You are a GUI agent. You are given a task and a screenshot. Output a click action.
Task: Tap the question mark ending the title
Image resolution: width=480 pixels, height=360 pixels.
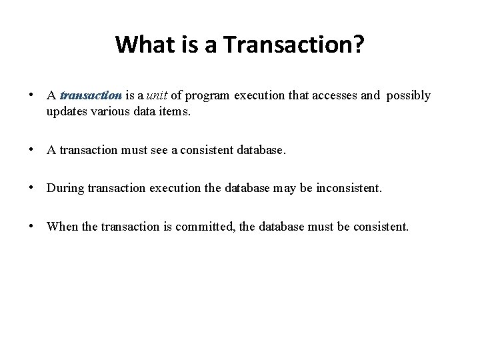pyautogui.click(x=359, y=45)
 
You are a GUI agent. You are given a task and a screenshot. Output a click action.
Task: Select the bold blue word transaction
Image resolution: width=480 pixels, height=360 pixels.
pyautogui.click(x=91, y=96)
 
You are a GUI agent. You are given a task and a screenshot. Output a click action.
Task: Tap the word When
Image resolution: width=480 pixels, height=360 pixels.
pyautogui.click(x=62, y=226)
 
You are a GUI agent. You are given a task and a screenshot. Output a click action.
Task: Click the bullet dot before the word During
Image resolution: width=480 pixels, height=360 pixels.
pyautogui.click(x=32, y=188)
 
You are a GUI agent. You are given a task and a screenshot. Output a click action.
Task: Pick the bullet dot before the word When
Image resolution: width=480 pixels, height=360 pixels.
pyautogui.click(x=32, y=226)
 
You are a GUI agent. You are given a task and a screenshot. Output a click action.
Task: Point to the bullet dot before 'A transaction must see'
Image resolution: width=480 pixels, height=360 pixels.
pyautogui.click(x=32, y=150)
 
